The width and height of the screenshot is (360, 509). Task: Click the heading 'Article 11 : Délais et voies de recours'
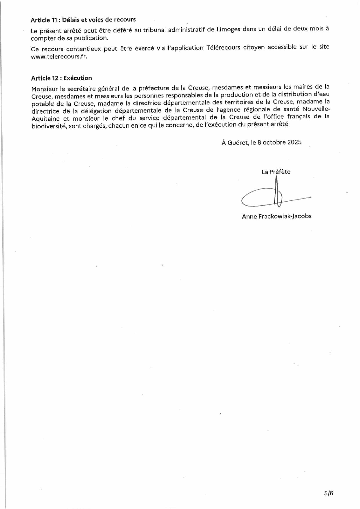pos(83,20)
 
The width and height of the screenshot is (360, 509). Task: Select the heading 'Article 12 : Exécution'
pos(61,78)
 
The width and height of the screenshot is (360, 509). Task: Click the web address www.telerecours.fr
pos(59,57)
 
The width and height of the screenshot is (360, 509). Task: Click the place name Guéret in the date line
pos(238,142)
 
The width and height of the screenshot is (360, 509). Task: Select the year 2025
pos(294,142)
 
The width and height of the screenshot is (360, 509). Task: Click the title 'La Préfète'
pos(276,172)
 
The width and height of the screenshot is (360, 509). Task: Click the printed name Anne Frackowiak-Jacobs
pos(276,216)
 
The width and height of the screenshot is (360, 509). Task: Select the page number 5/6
pos(329,493)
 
